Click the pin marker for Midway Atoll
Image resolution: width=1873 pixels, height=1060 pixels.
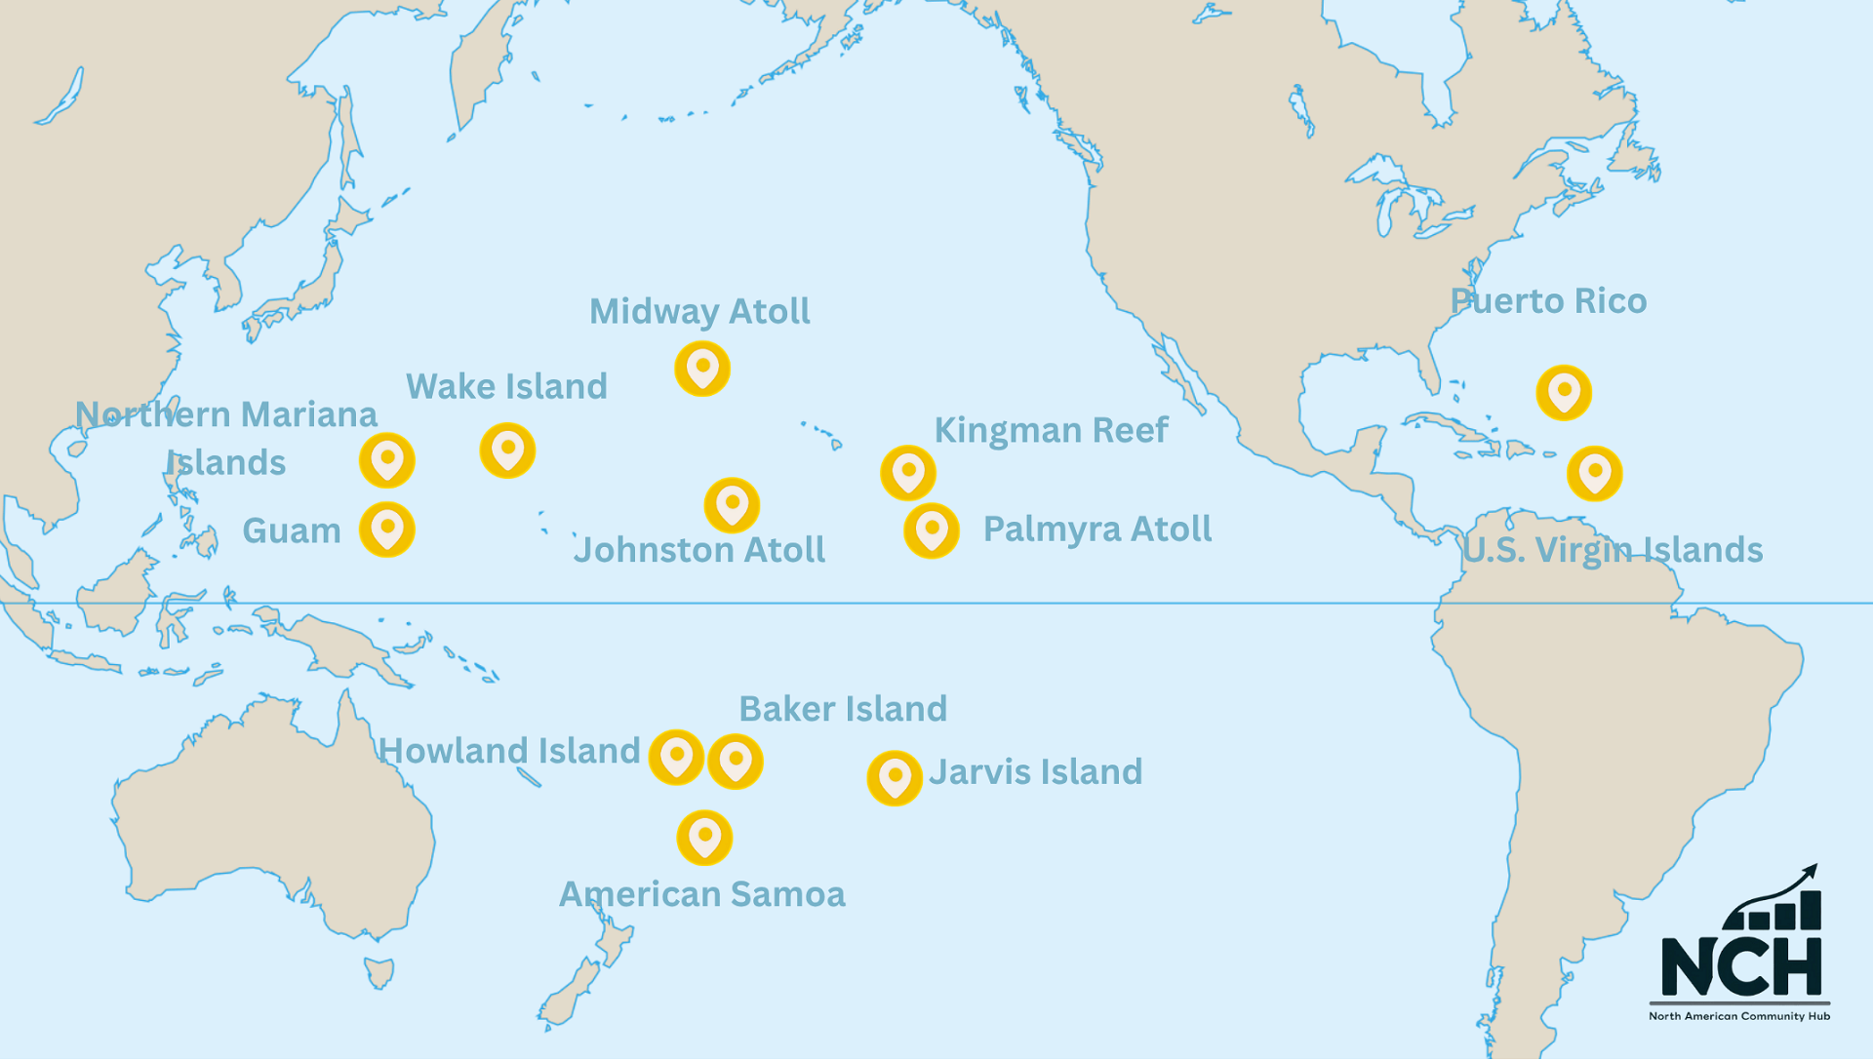coord(702,369)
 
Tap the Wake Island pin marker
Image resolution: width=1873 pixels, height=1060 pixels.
coord(507,451)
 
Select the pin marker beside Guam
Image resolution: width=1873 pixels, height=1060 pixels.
coord(387,530)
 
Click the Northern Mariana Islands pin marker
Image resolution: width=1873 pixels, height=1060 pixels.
coord(387,460)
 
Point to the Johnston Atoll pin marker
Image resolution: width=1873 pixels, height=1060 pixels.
coord(732,505)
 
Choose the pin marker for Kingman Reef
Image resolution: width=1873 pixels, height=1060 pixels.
coord(908,473)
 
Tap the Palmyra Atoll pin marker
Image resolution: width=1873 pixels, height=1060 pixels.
coord(932,530)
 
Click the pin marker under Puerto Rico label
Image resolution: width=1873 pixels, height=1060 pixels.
coord(1564,392)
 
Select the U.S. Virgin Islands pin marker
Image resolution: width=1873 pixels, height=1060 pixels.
coord(1595,474)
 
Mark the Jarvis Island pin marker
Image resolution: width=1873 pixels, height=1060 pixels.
coord(895,778)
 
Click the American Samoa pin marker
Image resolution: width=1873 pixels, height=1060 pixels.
coord(704,838)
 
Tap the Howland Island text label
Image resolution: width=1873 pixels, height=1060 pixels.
coord(509,751)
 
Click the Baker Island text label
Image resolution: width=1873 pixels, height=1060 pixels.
coord(843,709)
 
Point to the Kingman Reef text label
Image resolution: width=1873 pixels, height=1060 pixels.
coord(1051,430)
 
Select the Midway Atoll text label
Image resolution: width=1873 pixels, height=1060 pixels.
coord(699,312)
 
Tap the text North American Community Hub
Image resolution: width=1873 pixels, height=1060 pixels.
coord(1739,1016)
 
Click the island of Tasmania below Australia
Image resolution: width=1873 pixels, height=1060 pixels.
coord(379,971)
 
